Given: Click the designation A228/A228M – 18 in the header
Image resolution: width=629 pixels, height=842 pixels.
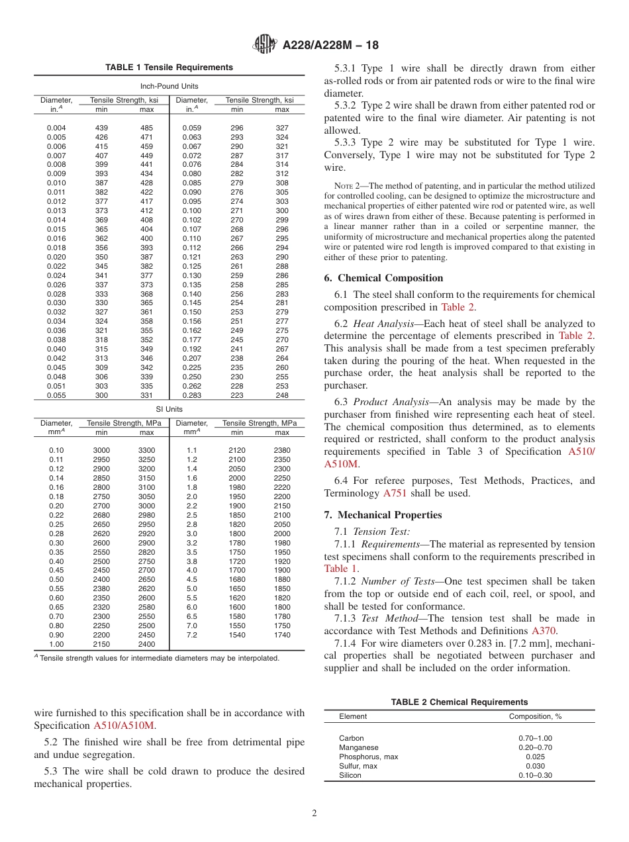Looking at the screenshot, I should pyautogui.click(x=330, y=46).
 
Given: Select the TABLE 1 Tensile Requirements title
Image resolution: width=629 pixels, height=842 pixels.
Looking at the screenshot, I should pyautogui.click(x=169, y=68).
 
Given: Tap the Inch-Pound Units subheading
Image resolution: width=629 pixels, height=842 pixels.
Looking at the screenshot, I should pyautogui.click(x=169, y=86).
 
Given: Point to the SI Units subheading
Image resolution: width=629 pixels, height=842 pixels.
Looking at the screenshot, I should pyautogui.click(x=169, y=409).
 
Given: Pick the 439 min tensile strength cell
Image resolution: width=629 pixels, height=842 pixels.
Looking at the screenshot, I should pyautogui.click(x=101, y=128).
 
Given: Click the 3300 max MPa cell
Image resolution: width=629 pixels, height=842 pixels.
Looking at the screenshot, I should pyautogui.click(x=146, y=450).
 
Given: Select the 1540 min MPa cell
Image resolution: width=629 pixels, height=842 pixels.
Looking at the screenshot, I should pyautogui.click(x=236, y=635).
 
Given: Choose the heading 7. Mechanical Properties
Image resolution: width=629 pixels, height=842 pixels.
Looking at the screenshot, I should pyautogui.click(x=383, y=515).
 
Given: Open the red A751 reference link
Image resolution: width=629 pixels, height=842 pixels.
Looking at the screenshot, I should pyautogui.click(x=391, y=493).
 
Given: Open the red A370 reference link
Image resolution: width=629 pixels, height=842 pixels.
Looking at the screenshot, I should pyautogui.click(x=544, y=631).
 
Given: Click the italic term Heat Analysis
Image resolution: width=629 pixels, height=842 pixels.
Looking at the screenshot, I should pyautogui.click(x=376, y=324).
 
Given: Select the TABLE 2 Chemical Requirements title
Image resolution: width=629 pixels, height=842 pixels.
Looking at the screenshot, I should pyautogui.click(x=459, y=702).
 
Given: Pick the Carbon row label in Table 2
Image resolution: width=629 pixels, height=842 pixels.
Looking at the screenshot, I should pyautogui.click(x=351, y=738).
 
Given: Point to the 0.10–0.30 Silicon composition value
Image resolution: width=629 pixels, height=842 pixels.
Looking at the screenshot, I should pyautogui.click(x=535, y=775).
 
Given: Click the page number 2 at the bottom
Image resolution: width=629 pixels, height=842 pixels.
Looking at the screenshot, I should pyautogui.click(x=314, y=814).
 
